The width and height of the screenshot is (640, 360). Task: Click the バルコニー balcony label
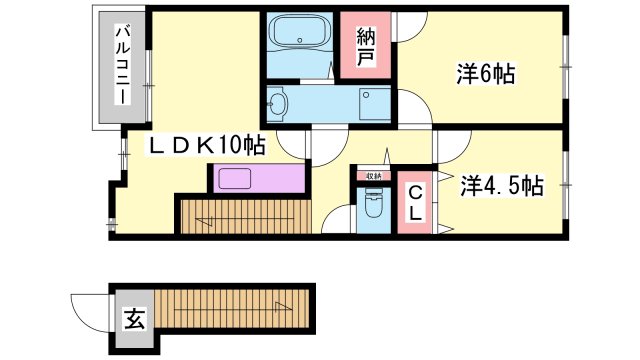119,67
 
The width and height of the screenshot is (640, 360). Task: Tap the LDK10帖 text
207,146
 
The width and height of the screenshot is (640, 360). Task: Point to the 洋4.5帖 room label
502,185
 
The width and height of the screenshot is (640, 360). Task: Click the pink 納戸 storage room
366,46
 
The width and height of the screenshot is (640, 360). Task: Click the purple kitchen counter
257,179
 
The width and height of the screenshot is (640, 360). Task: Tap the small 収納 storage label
373,176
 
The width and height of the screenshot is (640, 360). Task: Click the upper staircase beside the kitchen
245,215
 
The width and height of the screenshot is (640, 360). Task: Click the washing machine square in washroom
376,102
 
